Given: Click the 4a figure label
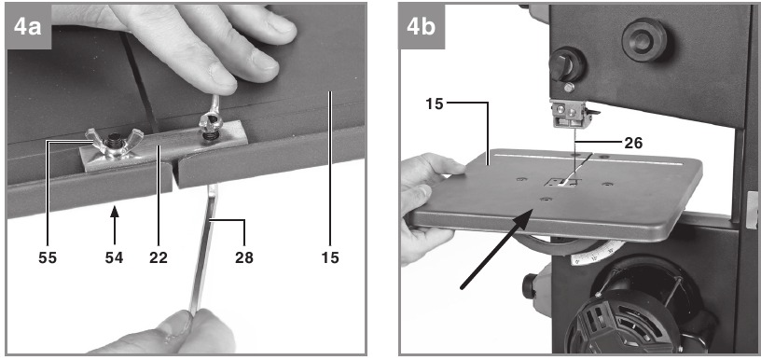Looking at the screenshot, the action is [x=28, y=27].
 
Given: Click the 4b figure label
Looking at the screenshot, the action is [x=422, y=27].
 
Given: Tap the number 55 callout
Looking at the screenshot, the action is [x=48, y=257].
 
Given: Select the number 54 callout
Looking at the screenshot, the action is [x=114, y=257].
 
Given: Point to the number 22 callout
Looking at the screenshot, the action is [x=159, y=257].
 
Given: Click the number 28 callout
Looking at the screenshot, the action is [x=244, y=257].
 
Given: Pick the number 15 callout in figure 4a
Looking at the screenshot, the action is [x=330, y=257].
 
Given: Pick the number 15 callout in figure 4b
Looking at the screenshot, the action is [x=435, y=104].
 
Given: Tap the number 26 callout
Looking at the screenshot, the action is [x=633, y=143].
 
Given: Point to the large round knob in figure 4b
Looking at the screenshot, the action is [x=644, y=40].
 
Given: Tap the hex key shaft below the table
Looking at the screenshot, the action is [x=203, y=247].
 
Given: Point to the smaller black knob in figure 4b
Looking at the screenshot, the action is [x=567, y=64].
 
